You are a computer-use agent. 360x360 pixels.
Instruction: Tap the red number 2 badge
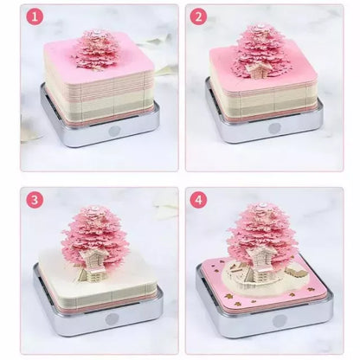198,17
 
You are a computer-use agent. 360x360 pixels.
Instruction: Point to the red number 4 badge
198,199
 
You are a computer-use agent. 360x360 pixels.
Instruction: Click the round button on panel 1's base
115,131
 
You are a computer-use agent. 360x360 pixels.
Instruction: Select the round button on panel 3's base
111,318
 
